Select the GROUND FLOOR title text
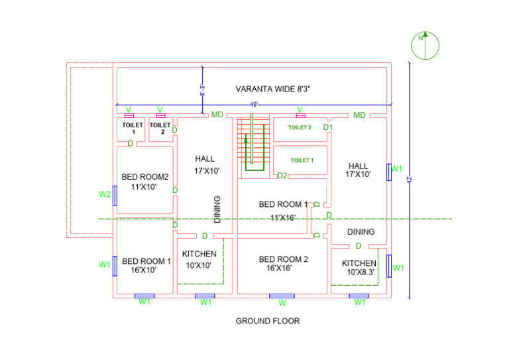[268, 321]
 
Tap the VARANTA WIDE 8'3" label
[274, 89]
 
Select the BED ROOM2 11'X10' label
[145, 182]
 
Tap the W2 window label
[104, 194]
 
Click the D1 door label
[327, 127]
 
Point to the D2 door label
[282, 176]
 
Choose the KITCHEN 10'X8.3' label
[359, 267]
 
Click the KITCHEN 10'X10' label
[199, 259]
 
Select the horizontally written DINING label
[361, 232]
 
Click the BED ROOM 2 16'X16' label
[283, 263]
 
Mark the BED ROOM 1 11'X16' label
[283, 210]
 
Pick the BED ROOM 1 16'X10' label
[146, 265]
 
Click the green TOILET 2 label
[300, 127]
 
